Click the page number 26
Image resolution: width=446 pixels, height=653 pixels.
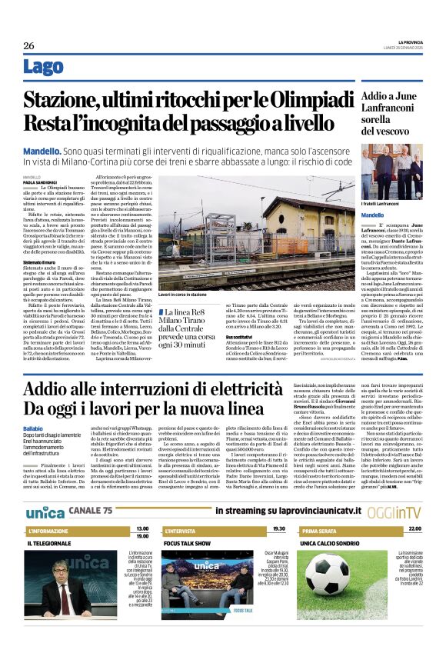coord(28,46)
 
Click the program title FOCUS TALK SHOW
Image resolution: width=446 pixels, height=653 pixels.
coord(189,543)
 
